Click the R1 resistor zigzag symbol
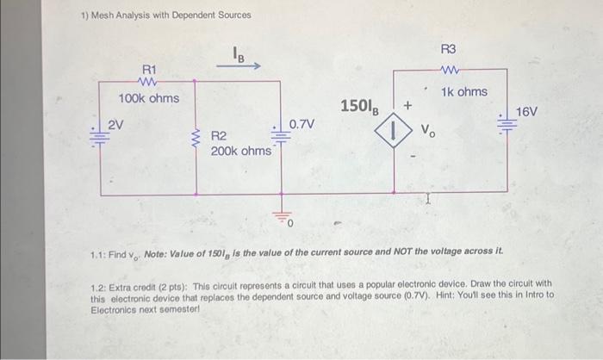click(x=146, y=84)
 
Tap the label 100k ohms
click(x=149, y=99)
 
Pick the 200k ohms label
click(x=242, y=151)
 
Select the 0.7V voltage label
click(x=301, y=126)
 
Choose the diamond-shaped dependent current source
click(x=393, y=133)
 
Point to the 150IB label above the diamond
click(x=359, y=107)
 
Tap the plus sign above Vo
click(x=408, y=104)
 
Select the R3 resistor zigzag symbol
click(x=453, y=71)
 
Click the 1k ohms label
click(x=464, y=92)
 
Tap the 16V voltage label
click(x=527, y=112)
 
